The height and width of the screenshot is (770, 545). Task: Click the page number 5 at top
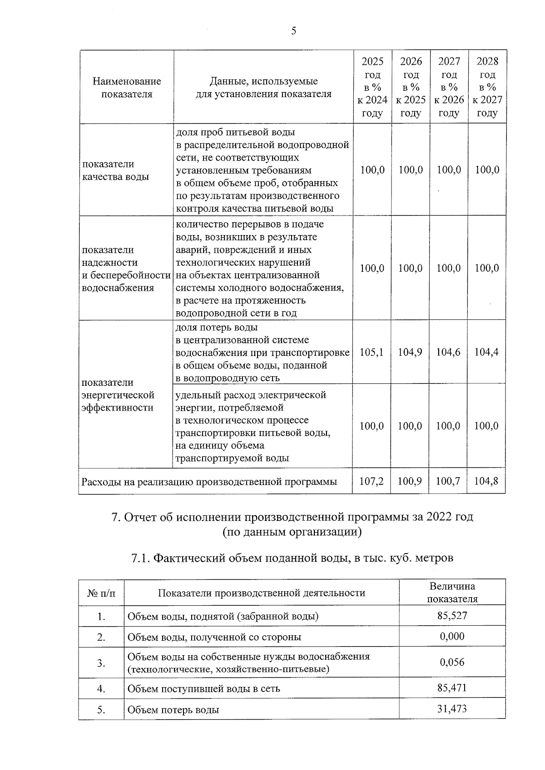point(293,31)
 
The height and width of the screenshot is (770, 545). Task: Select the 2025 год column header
point(372,87)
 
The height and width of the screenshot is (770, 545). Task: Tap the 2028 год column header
point(487,87)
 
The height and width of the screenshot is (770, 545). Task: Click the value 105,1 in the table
point(372,352)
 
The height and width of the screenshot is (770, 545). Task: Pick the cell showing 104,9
point(410,352)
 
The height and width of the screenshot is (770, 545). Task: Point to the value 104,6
point(448,352)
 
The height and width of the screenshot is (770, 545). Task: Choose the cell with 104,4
point(486,352)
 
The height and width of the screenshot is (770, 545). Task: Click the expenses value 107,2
point(372,481)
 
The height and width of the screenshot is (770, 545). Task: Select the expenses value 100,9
point(410,481)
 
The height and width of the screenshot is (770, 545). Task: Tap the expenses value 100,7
point(448,481)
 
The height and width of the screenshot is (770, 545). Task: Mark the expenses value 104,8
point(486,481)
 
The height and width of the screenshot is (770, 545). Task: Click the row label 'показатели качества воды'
point(115,170)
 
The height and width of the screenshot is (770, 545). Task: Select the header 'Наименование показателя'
point(127,88)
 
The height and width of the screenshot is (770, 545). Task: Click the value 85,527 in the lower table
point(452,616)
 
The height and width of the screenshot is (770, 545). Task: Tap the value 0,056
point(452,662)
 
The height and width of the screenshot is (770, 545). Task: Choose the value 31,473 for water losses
point(452,709)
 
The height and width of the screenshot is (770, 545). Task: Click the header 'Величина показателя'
point(452,592)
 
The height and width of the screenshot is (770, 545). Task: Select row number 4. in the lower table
point(101,689)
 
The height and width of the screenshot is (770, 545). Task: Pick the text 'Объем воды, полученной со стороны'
point(214,637)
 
